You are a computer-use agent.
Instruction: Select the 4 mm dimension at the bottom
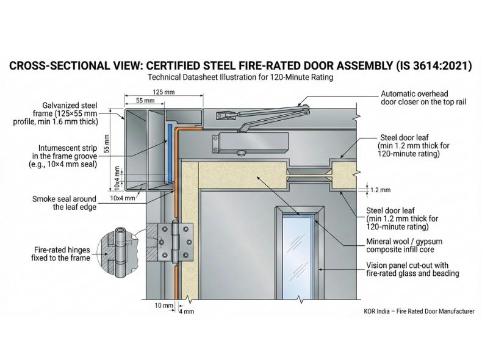[x=186, y=312]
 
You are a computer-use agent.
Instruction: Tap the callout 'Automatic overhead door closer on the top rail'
[x=422, y=98]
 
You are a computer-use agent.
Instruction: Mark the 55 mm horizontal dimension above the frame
[x=145, y=99]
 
